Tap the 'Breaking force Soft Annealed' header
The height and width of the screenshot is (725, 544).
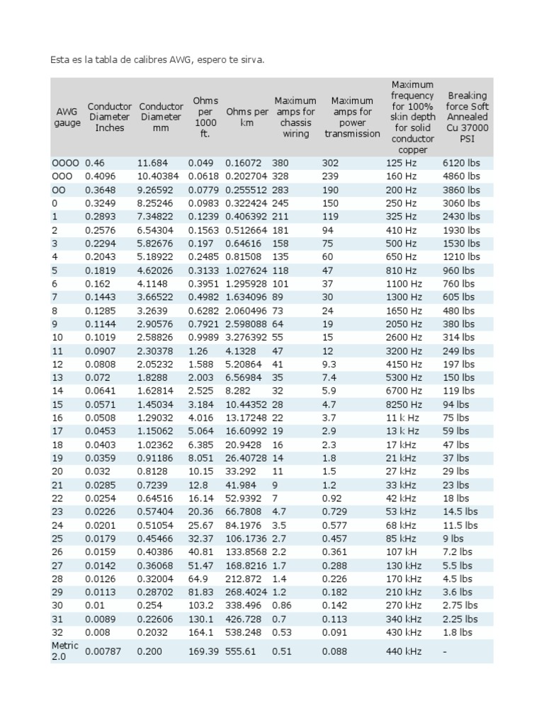(467, 117)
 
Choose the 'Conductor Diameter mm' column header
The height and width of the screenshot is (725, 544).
(161, 117)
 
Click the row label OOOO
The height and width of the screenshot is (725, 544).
(65, 163)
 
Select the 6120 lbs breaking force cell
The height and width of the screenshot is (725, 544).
(461, 163)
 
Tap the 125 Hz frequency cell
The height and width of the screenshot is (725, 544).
(401, 163)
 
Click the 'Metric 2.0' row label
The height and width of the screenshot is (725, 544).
(64, 651)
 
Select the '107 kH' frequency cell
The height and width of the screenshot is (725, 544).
(402, 552)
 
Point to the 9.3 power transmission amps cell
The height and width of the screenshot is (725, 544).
(329, 364)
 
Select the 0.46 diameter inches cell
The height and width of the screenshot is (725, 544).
(95, 163)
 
